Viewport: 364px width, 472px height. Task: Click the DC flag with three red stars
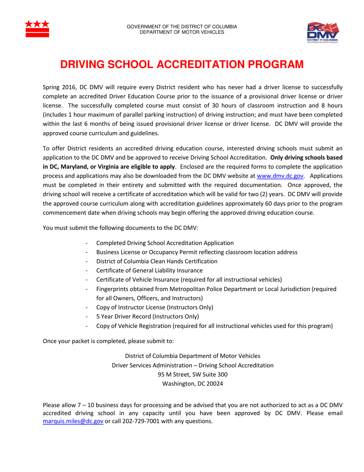pyautogui.click(x=37, y=28)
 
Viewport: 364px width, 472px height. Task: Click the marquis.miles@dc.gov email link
pyautogui.click(x=73, y=421)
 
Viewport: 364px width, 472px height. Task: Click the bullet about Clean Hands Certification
pyautogui.click(x=157, y=261)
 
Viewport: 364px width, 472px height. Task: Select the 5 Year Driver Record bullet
pyautogui.click(x=148, y=317)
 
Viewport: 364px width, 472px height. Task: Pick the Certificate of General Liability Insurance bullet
pyautogui.click(x=149, y=271)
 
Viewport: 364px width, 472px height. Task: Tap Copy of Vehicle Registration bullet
pyautogui.click(x=214, y=326)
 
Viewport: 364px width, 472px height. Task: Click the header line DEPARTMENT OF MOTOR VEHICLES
pyautogui.click(x=182, y=31)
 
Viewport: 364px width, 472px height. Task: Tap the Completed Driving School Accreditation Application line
pyautogui.click(x=165, y=243)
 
